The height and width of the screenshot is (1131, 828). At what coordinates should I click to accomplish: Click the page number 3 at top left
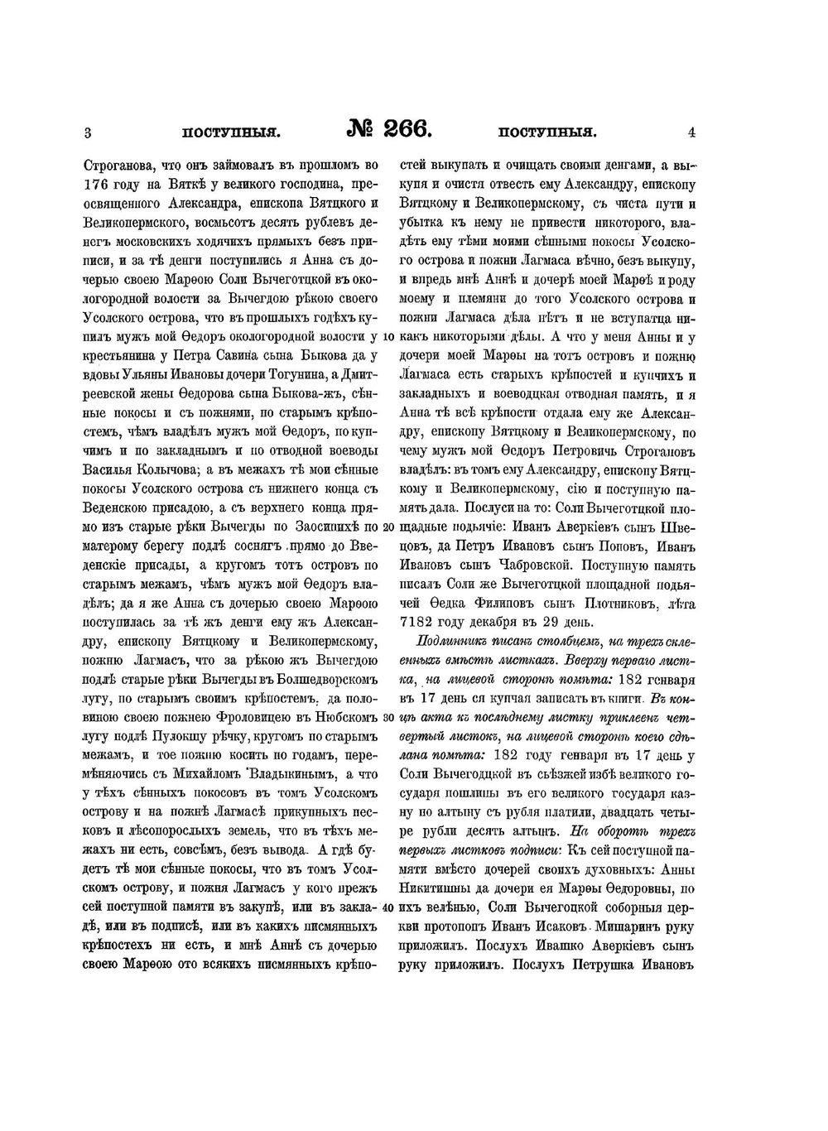(87, 132)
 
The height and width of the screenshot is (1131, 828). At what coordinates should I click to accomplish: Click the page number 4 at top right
(691, 132)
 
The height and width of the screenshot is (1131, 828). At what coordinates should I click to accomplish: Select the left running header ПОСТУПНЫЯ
(232, 132)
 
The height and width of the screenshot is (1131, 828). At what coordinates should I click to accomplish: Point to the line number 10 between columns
(388, 337)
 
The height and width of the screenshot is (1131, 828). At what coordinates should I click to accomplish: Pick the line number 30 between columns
(388, 717)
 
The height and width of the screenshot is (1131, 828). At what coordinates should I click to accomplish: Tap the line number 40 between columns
(388, 907)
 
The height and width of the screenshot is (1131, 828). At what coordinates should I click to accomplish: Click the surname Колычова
(165, 469)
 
